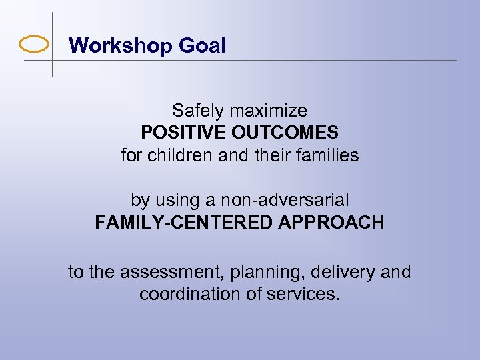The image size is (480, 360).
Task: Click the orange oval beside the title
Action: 34,45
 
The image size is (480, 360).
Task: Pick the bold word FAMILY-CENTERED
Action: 183,222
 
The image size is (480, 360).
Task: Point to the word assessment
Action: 167,272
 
